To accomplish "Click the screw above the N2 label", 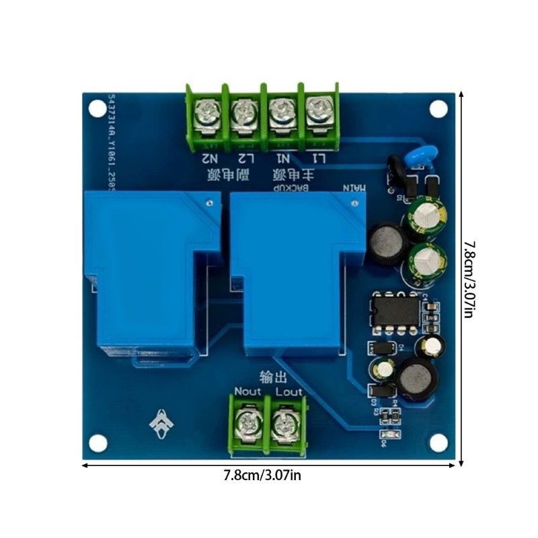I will [205, 116].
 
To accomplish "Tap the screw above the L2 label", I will [242, 116].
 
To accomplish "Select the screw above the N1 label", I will [279, 114].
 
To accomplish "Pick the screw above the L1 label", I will [316, 114].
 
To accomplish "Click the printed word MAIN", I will [356, 189].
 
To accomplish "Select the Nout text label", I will [247, 391].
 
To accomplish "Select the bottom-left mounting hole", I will [99, 442].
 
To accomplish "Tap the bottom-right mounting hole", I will [438, 442].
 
